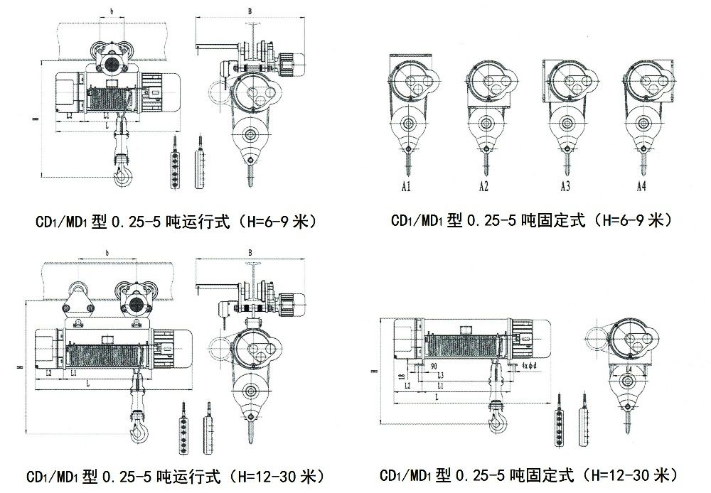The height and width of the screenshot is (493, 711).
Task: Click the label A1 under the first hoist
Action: pos(405,188)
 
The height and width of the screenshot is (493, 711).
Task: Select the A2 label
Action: pos(483,188)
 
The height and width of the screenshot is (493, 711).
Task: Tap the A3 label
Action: pos(565,188)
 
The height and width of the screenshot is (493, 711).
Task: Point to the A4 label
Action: pos(642,188)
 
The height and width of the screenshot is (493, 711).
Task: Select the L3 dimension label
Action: pos(441,374)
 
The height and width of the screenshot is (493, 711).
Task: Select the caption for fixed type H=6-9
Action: pos(531,221)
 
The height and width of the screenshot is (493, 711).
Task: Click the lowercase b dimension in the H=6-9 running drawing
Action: pos(112,12)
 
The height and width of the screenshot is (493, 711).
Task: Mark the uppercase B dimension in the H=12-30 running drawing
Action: pos(250,252)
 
